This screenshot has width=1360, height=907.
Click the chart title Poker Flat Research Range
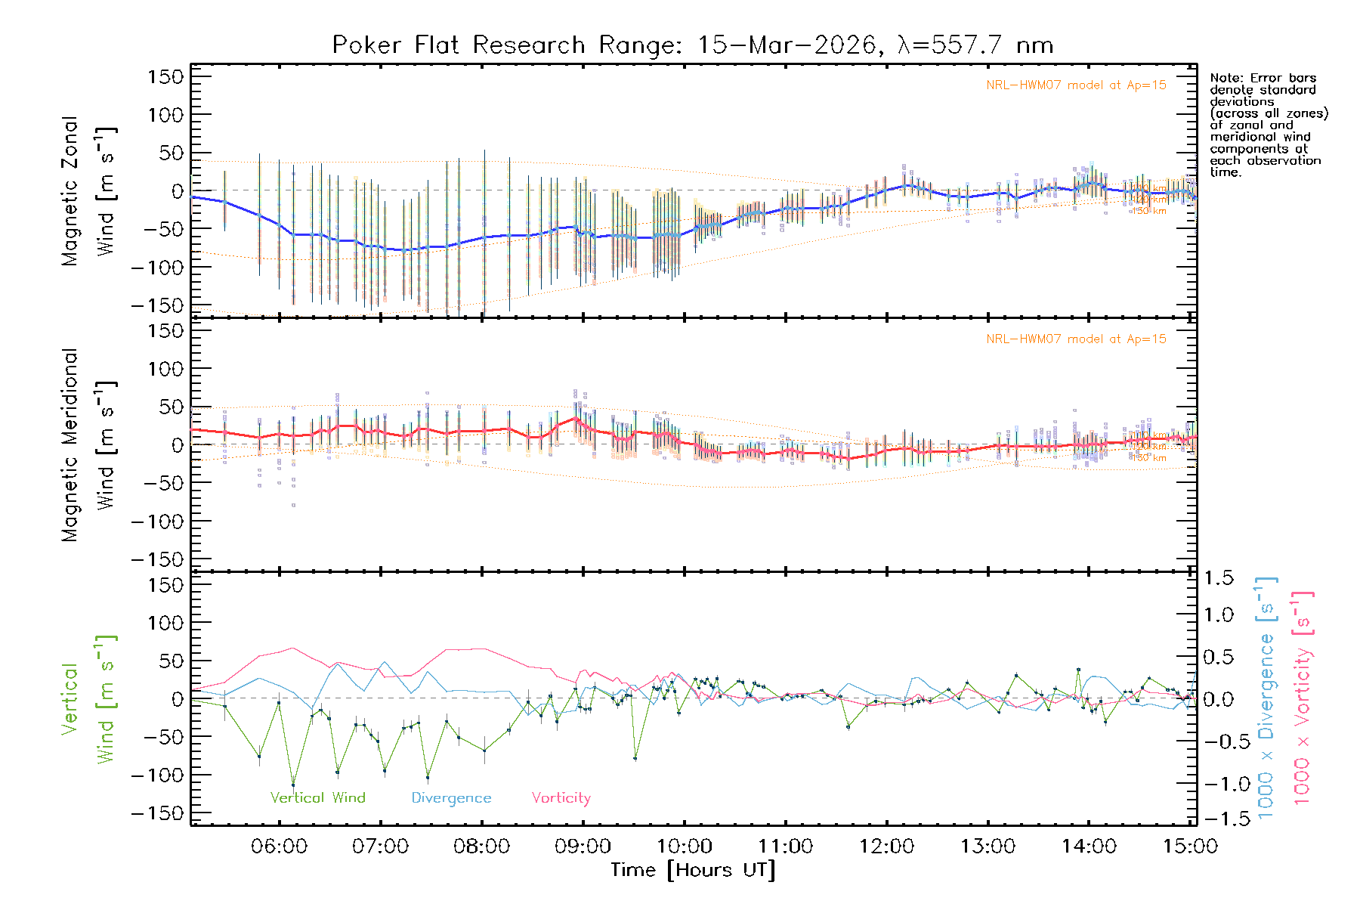[x=692, y=45]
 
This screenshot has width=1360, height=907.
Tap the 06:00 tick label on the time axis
[x=279, y=847]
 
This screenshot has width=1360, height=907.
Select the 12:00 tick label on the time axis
[x=886, y=847]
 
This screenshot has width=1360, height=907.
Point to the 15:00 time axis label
[x=1190, y=847]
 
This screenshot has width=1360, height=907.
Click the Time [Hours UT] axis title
[x=693, y=870]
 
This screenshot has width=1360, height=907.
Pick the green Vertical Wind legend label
[x=317, y=798]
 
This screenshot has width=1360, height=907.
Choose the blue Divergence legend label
[x=451, y=798]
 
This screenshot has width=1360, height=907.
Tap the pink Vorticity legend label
[x=561, y=798]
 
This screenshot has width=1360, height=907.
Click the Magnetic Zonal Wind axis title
[x=89, y=191]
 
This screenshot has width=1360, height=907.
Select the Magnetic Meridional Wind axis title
[x=89, y=445]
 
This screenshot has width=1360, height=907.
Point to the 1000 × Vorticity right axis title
[x=1302, y=698]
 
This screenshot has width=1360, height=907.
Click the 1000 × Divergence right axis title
[x=1266, y=698]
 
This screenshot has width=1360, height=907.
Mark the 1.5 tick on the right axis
[x=1219, y=578]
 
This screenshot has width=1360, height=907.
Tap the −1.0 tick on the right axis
[x=1219, y=784]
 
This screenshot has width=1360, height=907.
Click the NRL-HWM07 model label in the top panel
[x=1076, y=85]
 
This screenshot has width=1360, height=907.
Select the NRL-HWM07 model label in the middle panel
[x=1076, y=339]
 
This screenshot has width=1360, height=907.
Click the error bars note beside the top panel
[x=1269, y=125]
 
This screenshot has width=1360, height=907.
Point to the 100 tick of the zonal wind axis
[x=165, y=115]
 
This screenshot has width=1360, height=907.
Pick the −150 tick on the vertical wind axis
[x=158, y=813]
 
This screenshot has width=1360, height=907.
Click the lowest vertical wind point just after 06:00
[x=293, y=785]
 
